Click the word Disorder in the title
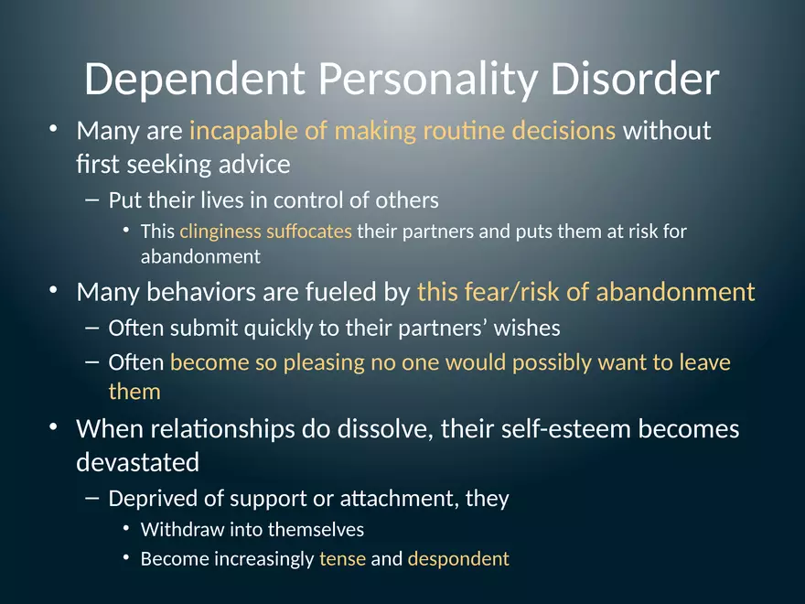pyautogui.click(x=635, y=80)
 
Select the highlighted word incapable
pyautogui.click(x=243, y=131)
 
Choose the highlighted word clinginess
pyautogui.click(x=220, y=232)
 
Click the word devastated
pyautogui.click(x=137, y=462)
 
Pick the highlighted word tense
pyautogui.click(x=342, y=558)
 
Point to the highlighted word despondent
pyautogui.click(x=457, y=559)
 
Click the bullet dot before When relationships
pyautogui.click(x=55, y=427)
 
